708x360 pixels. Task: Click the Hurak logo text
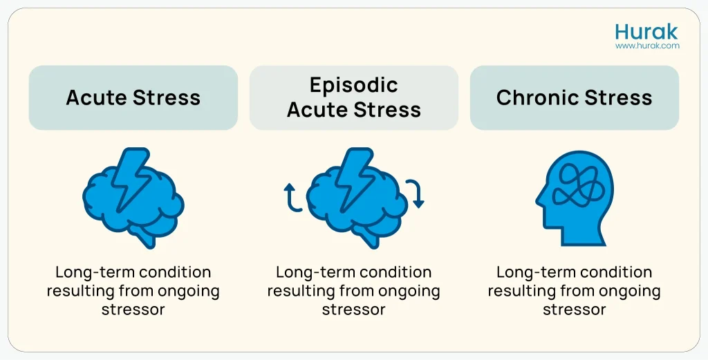click(646, 32)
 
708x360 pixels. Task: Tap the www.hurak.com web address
click(647, 46)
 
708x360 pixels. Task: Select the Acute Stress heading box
click(133, 97)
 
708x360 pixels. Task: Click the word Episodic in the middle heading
click(354, 85)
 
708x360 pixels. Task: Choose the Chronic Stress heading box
click(574, 97)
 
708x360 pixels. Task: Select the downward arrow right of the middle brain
click(415, 193)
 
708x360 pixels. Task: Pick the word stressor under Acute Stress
click(133, 309)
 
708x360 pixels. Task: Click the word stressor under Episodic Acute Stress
click(353, 309)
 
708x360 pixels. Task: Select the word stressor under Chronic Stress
click(574, 309)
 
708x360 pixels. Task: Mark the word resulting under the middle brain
click(298, 291)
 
